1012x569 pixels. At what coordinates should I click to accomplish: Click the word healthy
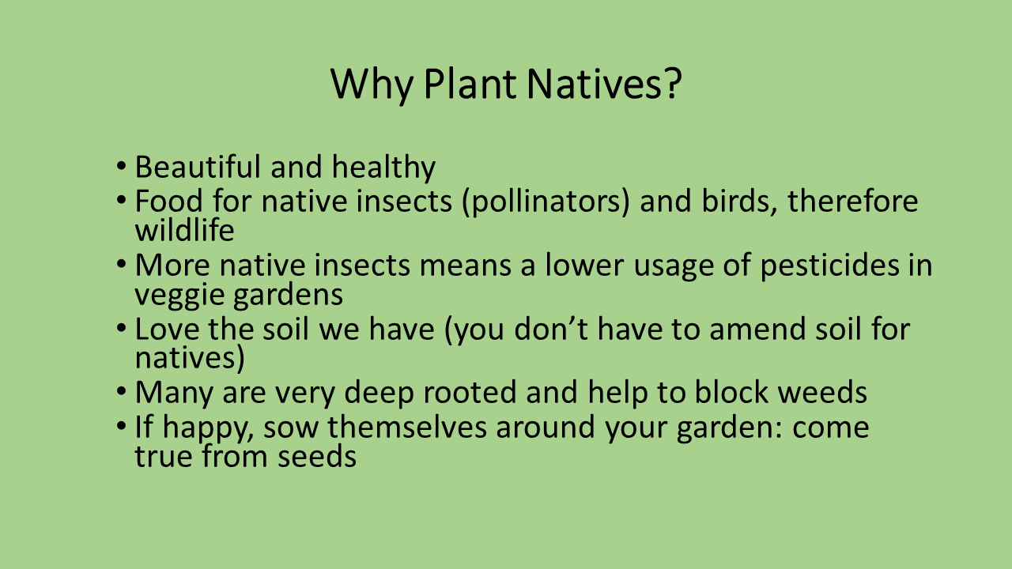tap(383, 168)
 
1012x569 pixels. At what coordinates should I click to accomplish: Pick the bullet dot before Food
tap(121, 199)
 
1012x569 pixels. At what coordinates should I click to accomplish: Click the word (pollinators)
tap(546, 202)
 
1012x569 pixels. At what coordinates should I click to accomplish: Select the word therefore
tap(853, 202)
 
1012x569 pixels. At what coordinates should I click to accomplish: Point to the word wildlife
tap(185, 230)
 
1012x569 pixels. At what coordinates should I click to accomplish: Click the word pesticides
tap(830, 266)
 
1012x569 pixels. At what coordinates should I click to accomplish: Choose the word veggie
tap(179, 296)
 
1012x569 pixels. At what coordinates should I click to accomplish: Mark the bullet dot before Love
tap(121, 327)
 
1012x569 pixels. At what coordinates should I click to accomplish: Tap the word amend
tap(757, 328)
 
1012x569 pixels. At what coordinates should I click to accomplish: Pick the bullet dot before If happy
tap(121, 425)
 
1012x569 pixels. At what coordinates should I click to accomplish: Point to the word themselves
tap(407, 428)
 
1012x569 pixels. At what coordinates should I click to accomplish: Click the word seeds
tap(317, 457)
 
